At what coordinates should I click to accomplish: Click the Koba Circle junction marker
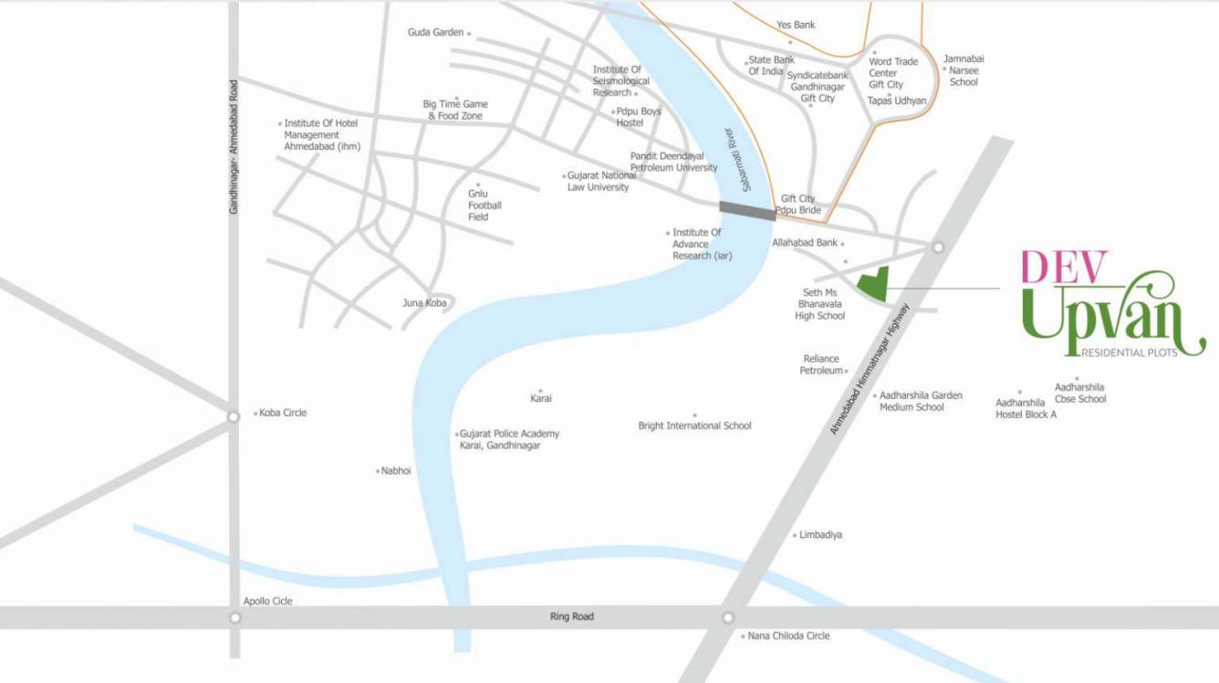point(234,416)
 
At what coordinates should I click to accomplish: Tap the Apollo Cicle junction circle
point(234,617)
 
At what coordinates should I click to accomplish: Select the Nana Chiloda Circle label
point(788,636)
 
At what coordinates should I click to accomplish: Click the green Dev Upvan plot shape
point(873,284)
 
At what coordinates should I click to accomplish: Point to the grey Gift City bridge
point(747,210)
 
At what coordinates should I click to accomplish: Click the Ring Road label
point(572,616)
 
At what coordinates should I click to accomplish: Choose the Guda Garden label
point(435,33)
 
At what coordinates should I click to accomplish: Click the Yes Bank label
point(796,25)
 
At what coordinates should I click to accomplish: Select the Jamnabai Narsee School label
point(964,70)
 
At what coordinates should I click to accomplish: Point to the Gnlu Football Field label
point(484,205)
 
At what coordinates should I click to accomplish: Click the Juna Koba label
point(425,302)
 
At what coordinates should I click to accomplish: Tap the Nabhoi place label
point(396,470)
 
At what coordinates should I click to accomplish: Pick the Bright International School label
point(694,426)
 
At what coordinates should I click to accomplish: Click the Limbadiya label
point(820,534)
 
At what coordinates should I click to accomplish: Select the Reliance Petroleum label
point(821,364)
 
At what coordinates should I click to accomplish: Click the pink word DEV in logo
point(1065,267)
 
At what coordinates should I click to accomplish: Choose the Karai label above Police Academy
point(541,398)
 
